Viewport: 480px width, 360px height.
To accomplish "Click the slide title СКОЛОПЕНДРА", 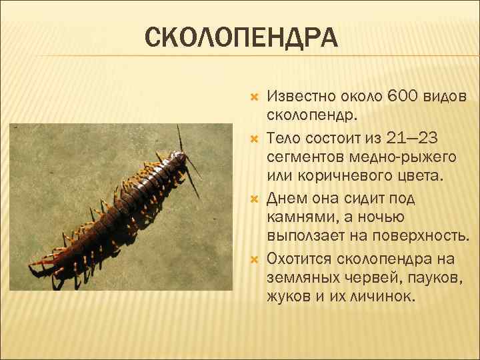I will (241, 38).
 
